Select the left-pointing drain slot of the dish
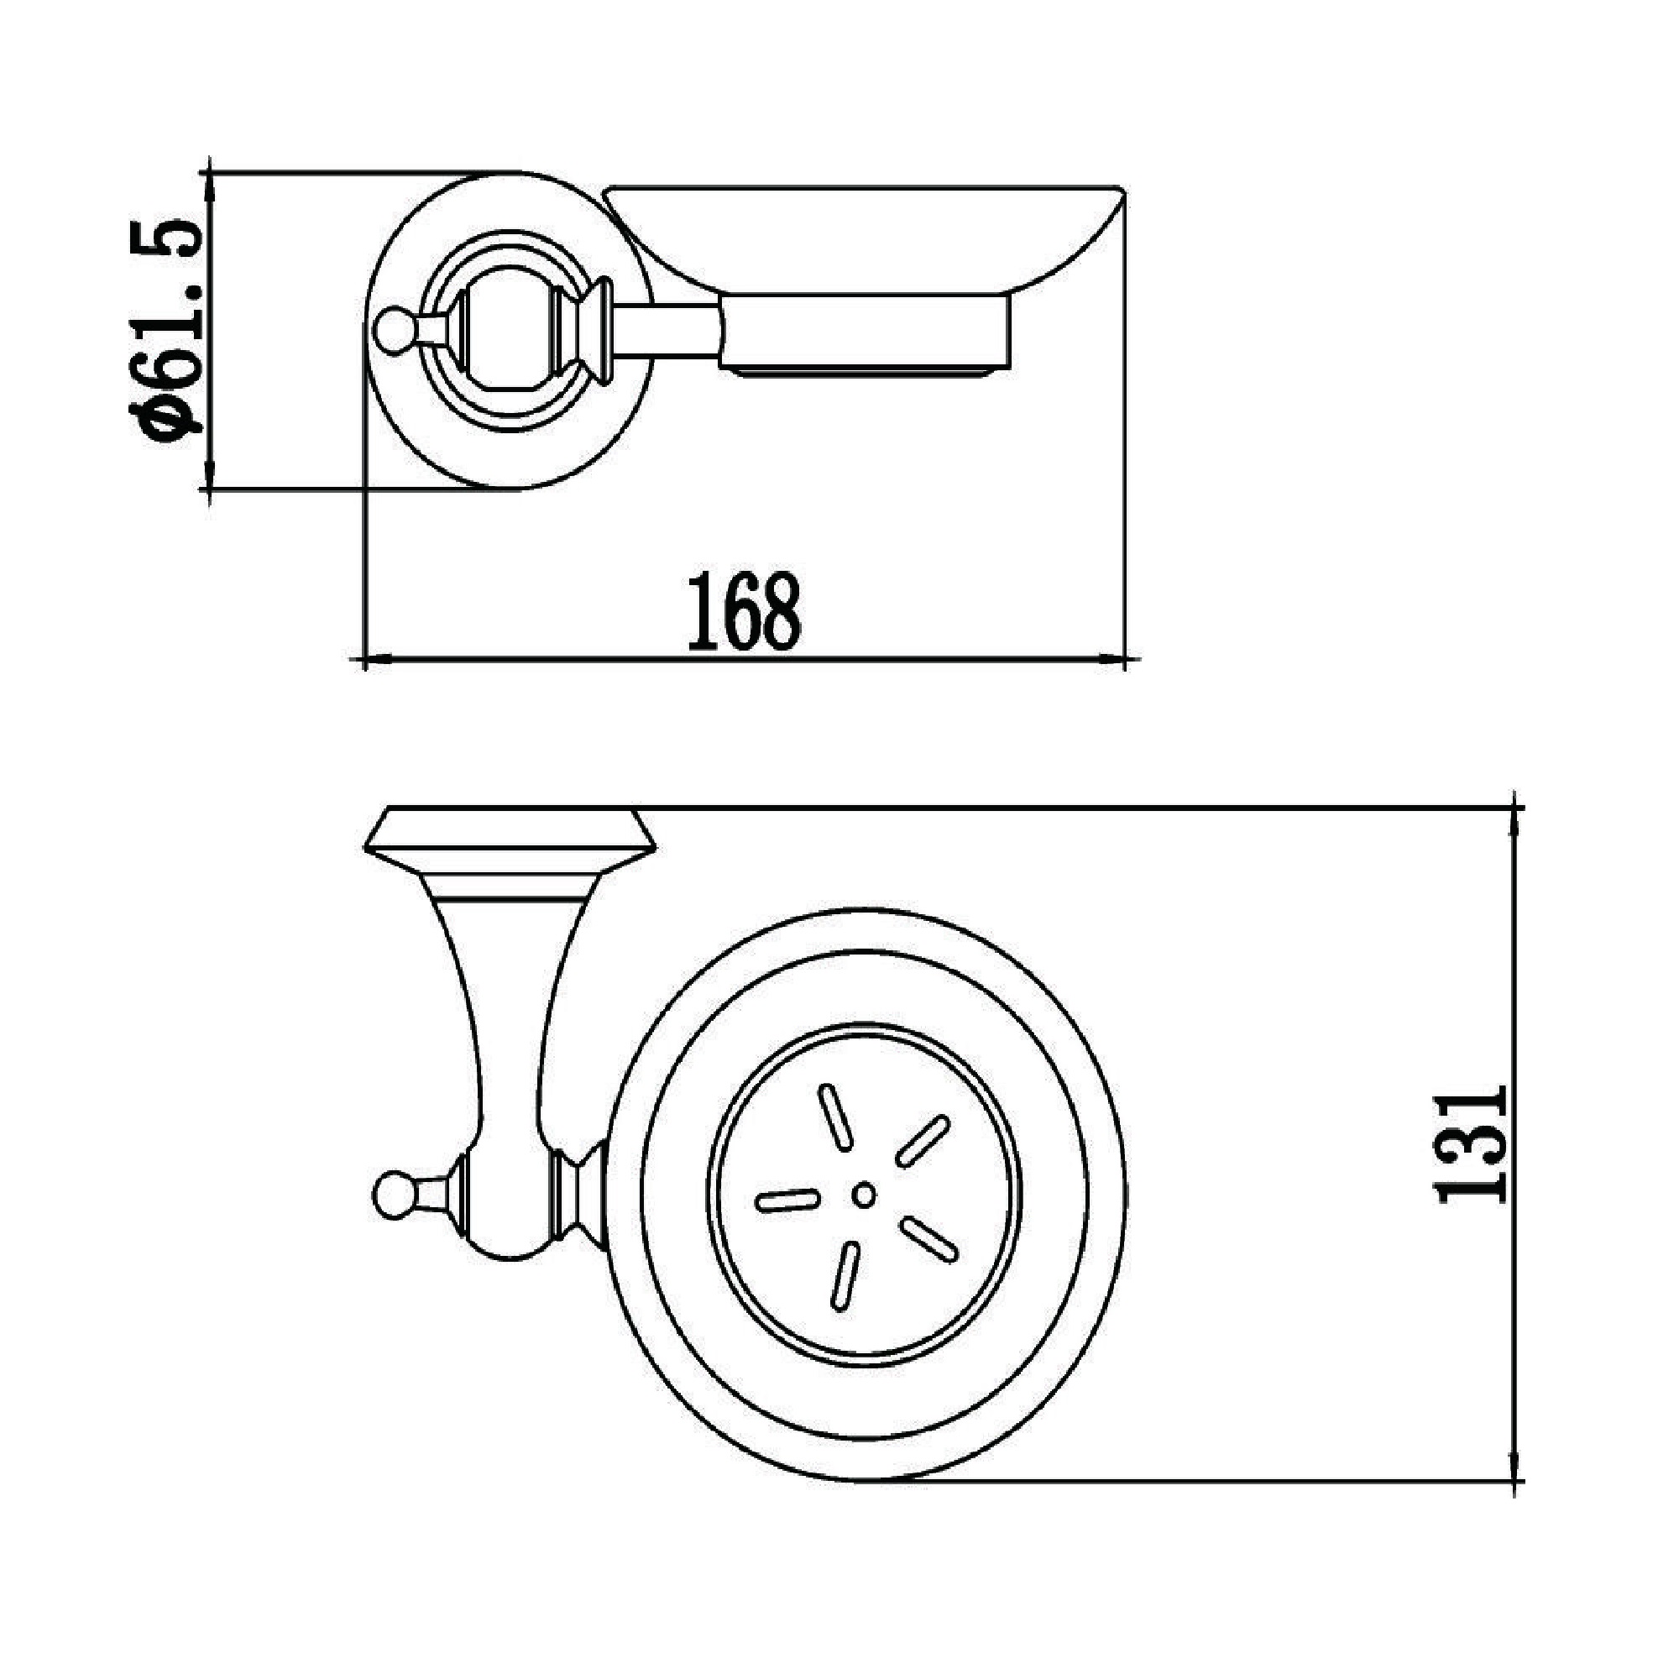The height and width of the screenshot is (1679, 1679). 788,1200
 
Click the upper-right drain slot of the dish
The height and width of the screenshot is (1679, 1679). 922,1141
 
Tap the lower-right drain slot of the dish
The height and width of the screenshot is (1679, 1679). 929,1240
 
